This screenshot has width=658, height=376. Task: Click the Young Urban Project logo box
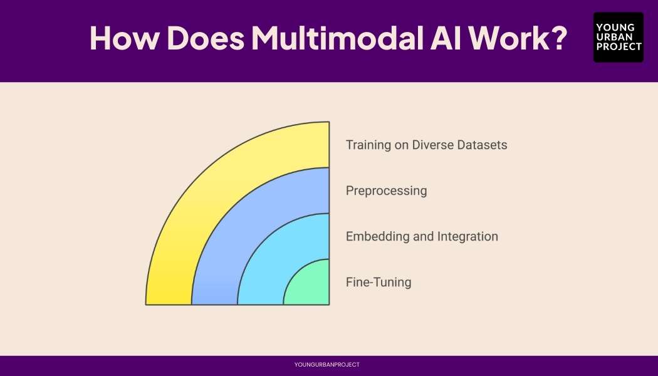[618, 38]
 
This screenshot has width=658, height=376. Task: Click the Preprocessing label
[386, 191]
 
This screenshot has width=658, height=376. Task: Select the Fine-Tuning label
[379, 282]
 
